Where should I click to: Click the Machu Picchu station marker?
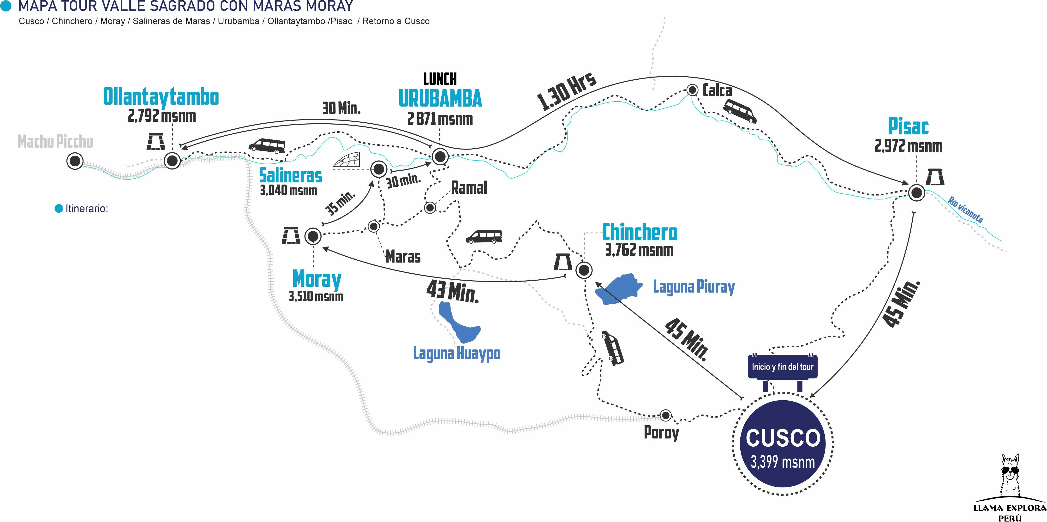pyautogui.click(x=75, y=161)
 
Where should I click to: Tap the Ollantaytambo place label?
pyautogui.click(x=161, y=97)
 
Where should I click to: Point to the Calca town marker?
pyautogui.click(x=692, y=90)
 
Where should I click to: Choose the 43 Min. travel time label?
pyautogui.click(x=452, y=292)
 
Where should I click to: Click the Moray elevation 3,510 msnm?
pyautogui.click(x=316, y=296)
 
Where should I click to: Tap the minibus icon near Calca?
pyautogui.click(x=740, y=111)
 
